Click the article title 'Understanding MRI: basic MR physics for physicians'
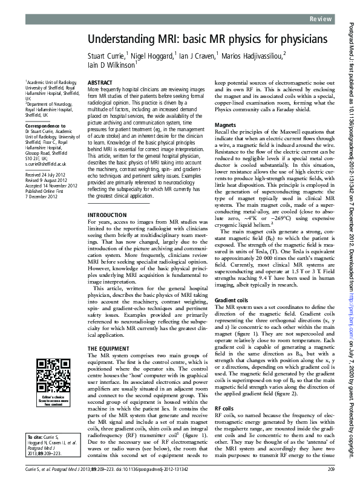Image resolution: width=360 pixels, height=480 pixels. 208,40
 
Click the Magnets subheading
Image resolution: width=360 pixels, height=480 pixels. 226,125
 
